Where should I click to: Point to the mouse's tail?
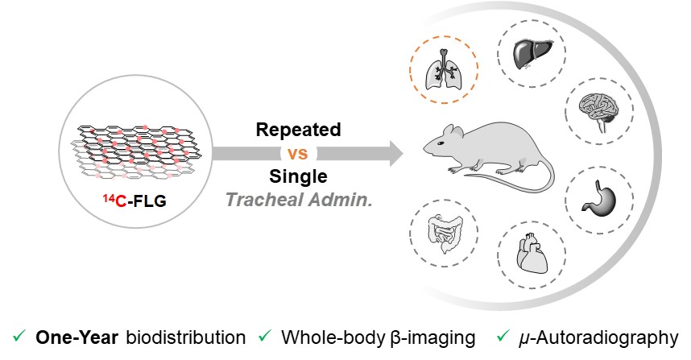pos(515,180)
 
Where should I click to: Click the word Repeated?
pos(298,129)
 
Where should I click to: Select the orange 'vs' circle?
pos(298,152)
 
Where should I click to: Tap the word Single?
pos(298,176)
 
